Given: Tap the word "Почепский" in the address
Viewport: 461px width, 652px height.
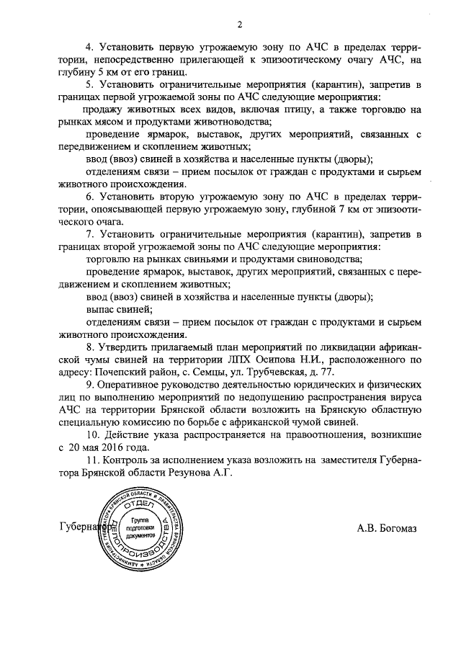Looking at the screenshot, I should point(120,374).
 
